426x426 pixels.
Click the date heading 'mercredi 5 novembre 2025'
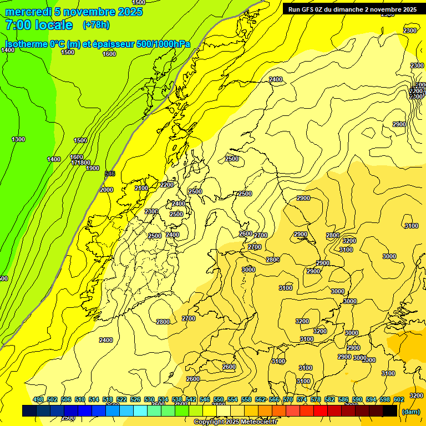(x=74, y=12)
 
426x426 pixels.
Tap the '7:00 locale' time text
(x=39, y=25)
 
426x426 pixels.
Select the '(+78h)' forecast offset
(x=96, y=25)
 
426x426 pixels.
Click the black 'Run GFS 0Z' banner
(x=349, y=9)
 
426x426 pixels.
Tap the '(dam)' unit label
(x=410, y=412)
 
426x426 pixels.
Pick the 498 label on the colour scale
(x=38, y=400)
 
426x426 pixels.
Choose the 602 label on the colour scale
(x=399, y=400)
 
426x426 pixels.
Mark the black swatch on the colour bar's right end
(x=390, y=411)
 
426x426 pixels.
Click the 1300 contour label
(x=18, y=139)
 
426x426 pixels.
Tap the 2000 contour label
(x=106, y=190)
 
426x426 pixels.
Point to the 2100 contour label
(x=141, y=188)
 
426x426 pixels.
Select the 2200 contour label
(x=166, y=185)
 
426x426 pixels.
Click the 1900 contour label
(x=93, y=168)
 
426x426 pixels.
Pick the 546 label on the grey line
(x=110, y=174)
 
